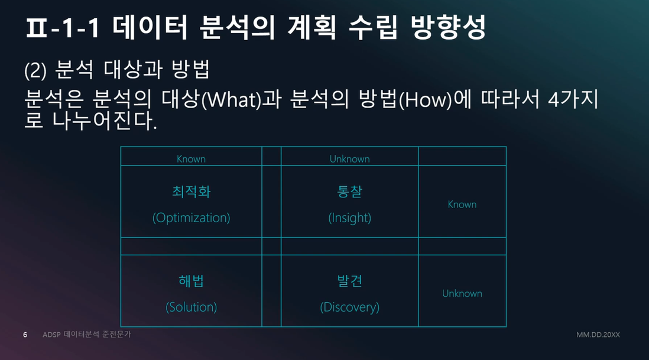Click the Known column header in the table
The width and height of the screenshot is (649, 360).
191,159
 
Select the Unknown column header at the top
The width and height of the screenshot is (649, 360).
349,159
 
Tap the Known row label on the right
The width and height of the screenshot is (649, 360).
462,205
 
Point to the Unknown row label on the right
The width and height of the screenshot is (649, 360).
462,293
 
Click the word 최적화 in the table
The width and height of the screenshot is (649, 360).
192,192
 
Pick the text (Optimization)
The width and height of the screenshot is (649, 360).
192,218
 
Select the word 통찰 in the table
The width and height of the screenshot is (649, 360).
350,192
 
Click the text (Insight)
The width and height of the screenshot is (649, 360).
350,218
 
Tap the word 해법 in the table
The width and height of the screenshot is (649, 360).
192,281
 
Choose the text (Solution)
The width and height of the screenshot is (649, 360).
192,307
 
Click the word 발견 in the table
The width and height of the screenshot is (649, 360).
350,281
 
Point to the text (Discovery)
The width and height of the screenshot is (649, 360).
350,307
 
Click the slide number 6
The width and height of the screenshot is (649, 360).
25,335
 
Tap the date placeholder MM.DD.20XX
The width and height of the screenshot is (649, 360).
598,335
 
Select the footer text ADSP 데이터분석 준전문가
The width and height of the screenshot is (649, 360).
86,335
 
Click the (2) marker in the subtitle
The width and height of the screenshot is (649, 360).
35,70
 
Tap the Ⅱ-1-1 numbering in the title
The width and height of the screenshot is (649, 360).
63,28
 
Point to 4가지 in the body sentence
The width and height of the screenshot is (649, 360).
573,99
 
